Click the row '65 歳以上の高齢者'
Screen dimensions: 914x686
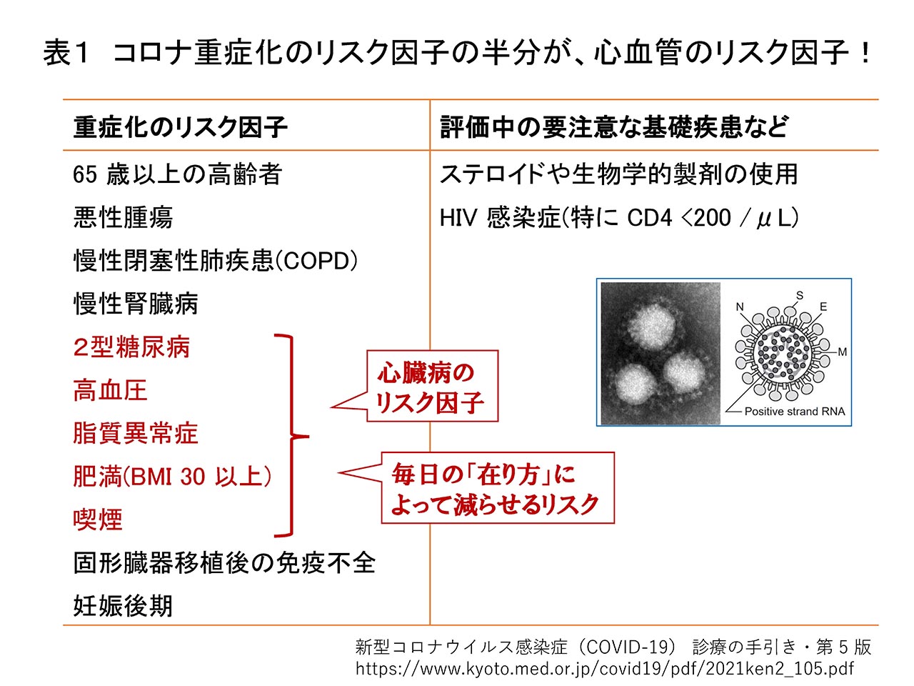pos(178,174)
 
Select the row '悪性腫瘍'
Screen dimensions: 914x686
pos(124,217)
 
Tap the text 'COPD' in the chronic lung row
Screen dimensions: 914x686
pos(316,261)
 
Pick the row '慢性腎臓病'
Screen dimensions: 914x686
pos(136,304)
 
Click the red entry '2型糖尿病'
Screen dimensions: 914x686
pos(131,347)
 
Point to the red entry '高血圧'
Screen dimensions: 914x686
pos(111,390)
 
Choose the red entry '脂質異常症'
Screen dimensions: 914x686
pos(136,433)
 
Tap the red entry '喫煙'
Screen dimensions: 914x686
pos(98,520)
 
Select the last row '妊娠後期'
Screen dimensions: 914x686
pos(124,606)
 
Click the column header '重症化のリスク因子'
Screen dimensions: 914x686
pos(181,127)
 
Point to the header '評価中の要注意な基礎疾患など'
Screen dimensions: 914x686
pos(614,127)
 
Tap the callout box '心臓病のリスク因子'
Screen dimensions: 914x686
pos(432,386)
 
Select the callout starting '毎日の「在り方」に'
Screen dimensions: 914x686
pos(497,488)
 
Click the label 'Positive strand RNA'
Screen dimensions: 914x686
pos(795,412)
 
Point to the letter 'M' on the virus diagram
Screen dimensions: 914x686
pos(843,352)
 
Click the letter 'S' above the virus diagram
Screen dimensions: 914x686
pos(800,295)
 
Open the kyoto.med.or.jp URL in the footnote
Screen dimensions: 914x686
pos(605,669)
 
